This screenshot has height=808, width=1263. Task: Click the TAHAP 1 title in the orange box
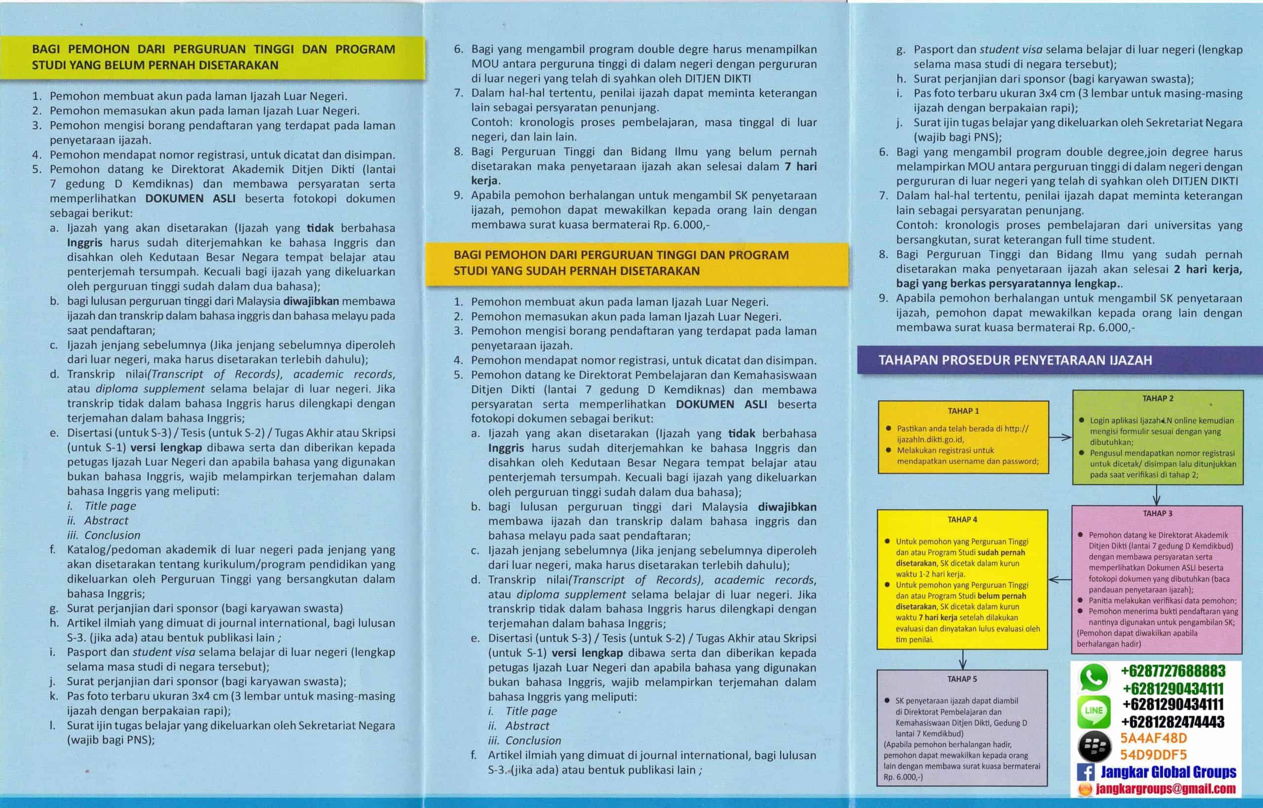pos(963,411)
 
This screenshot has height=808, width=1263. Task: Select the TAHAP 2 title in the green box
pos(1157,398)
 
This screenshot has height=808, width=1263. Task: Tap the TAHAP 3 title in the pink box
pos(1157,513)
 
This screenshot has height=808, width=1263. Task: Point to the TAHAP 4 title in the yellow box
pos(963,519)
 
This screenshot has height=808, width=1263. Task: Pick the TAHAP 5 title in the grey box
pos(962,679)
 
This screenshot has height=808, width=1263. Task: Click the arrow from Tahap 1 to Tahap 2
pos(1060,437)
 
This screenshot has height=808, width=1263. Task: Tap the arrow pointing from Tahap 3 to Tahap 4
pos(1060,580)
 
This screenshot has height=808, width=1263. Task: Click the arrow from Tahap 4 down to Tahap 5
pos(963,659)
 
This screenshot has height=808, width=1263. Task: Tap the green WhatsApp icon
pos(1093,677)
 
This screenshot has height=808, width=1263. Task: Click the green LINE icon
pos(1093,711)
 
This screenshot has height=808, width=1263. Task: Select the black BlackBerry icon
pos(1093,745)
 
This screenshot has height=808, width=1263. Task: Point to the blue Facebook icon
pos(1085,772)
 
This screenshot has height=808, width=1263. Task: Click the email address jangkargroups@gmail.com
pos(1165,789)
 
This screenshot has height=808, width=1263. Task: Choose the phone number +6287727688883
pos(1173,671)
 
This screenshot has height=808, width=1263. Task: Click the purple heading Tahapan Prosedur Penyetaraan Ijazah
pos(1015,360)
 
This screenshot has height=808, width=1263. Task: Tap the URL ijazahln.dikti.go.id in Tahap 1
pos(930,440)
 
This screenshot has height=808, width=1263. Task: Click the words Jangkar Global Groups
pos(1168,772)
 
